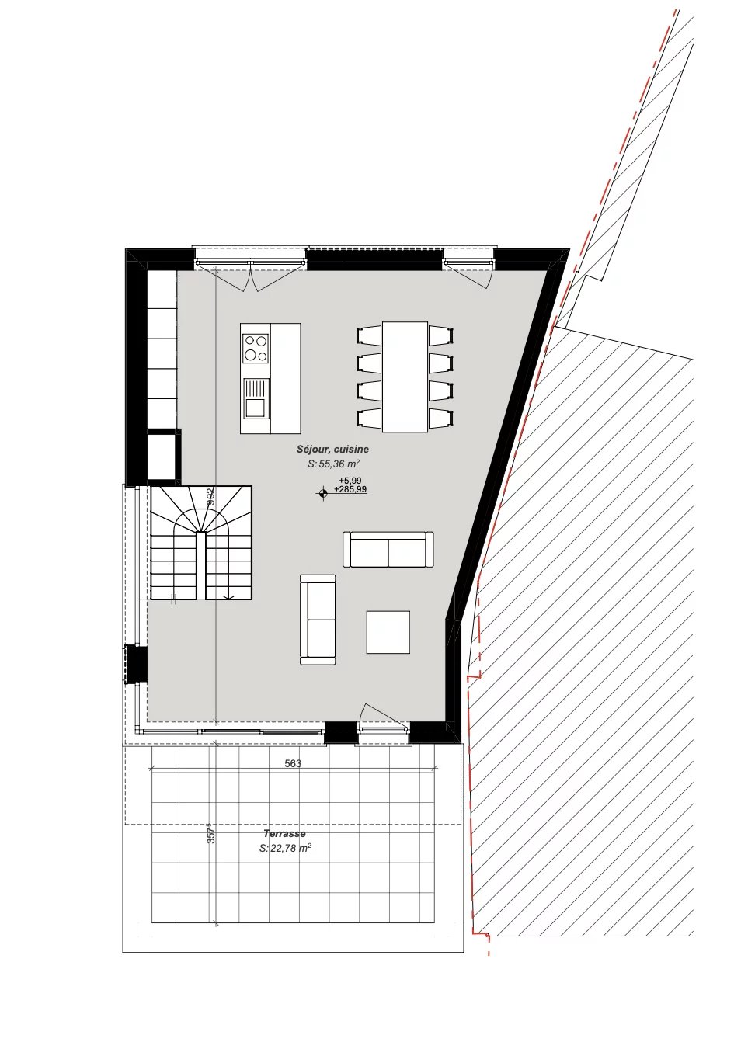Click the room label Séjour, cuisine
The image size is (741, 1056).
[332, 450]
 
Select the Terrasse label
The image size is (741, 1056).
[284, 833]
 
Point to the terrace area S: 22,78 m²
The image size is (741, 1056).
[285, 848]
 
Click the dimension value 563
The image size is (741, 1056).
[293, 763]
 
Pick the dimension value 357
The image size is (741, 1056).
[210, 835]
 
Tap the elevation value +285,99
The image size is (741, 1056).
[350, 489]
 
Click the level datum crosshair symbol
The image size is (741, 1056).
[323, 494]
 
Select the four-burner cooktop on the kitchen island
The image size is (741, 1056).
[256, 347]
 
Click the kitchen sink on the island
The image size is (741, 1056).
[256, 398]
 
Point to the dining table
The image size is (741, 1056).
[405, 377]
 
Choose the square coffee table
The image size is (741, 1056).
[388, 632]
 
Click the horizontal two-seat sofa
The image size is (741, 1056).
[388, 549]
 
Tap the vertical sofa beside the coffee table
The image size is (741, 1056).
[318, 620]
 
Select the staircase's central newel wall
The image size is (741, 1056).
[201, 566]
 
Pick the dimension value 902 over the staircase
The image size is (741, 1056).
[210, 496]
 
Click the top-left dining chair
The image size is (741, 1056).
[369, 335]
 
